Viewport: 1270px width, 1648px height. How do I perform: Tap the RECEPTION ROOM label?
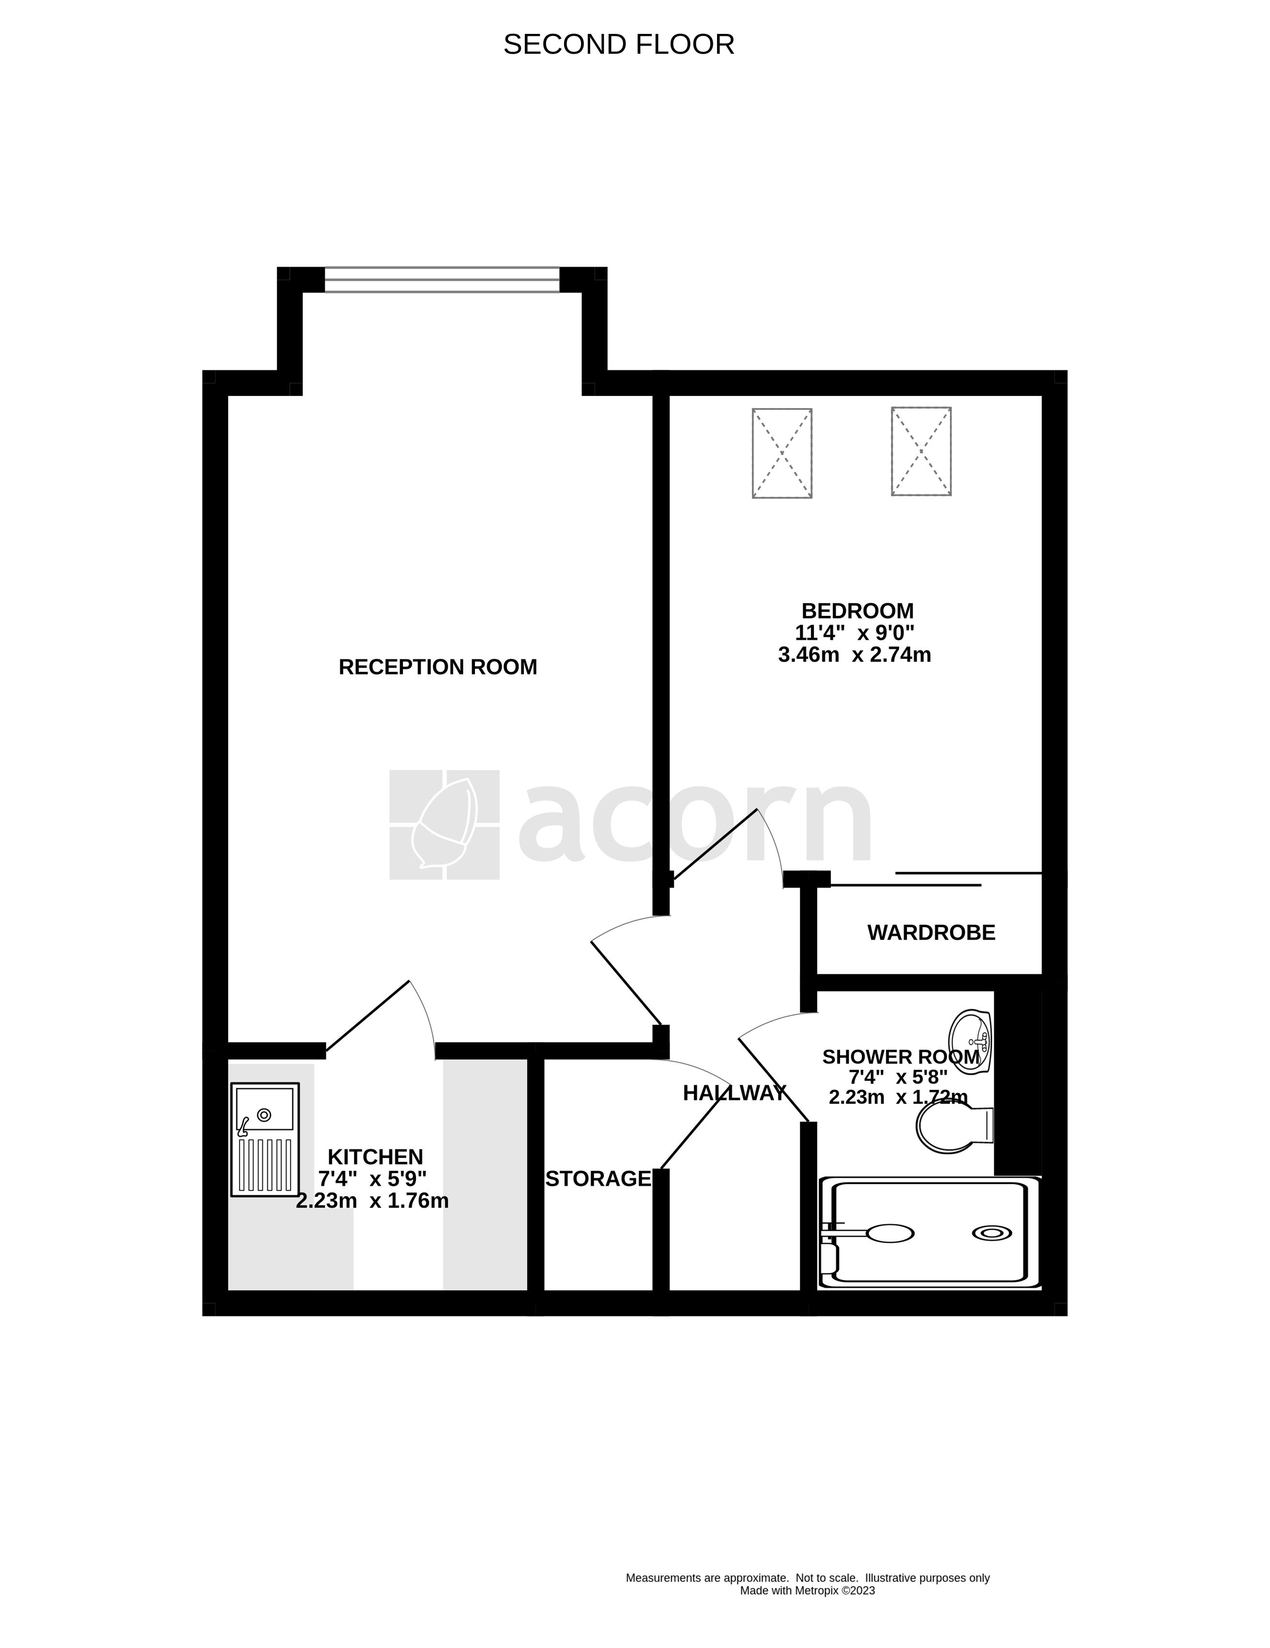coord(438,667)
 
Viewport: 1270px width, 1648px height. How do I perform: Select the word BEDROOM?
coord(857,610)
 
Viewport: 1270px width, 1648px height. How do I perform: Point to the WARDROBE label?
coord(931,932)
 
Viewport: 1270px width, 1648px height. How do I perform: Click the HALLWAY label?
coord(734,1093)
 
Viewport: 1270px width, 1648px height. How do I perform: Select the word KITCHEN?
coord(375,1157)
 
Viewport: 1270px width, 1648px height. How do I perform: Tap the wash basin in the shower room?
coord(971,1040)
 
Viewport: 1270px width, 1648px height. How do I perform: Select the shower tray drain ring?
coord(992,1233)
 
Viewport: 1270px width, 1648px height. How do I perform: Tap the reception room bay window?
coord(442,280)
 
